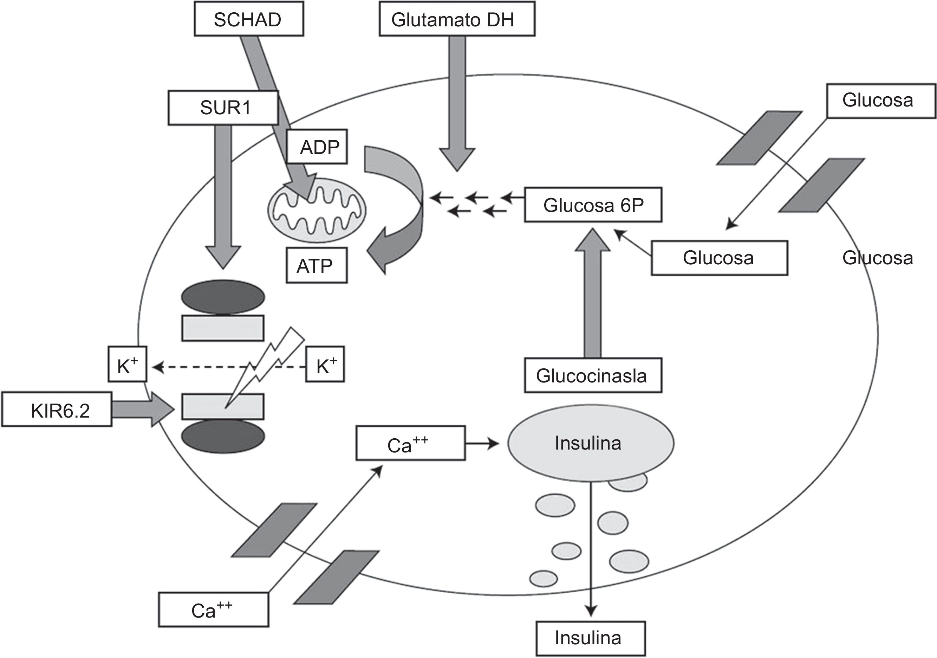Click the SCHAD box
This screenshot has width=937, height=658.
(x=248, y=19)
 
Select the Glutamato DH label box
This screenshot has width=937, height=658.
(x=457, y=19)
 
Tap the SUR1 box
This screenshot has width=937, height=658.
(x=223, y=108)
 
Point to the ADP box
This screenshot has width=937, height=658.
(x=317, y=147)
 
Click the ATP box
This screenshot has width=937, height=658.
(x=317, y=265)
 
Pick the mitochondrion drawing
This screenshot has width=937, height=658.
(x=317, y=209)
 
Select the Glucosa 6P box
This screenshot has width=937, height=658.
(x=593, y=205)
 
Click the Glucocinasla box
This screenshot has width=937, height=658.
(x=593, y=375)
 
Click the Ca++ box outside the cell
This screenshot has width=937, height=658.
(x=214, y=610)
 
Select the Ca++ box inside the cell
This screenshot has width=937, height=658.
(x=410, y=443)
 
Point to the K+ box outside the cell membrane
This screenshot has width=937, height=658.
(x=127, y=365)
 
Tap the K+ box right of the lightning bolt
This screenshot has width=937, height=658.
(x=325, y=365)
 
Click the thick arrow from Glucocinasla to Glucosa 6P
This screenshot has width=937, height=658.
(x=593, y=294)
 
